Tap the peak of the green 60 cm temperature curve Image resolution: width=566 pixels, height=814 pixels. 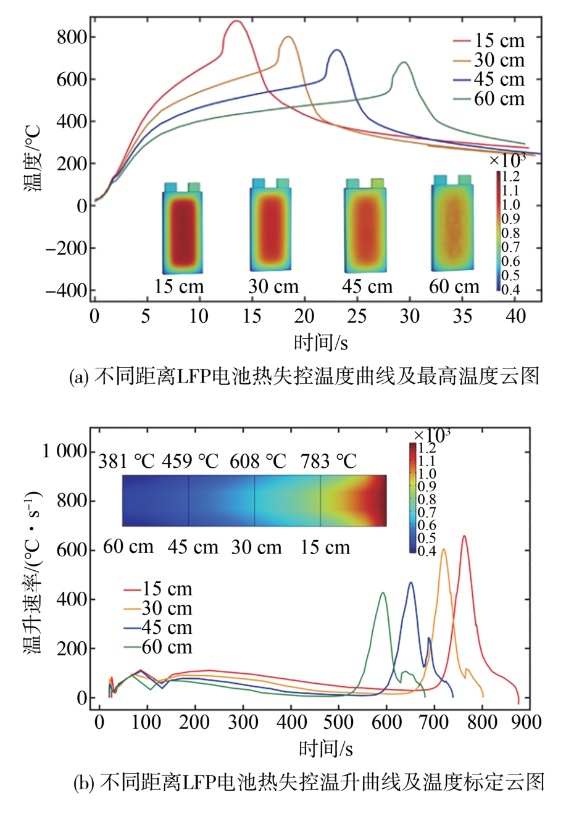point(404,62)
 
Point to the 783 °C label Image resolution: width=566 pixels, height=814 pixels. point(328,462)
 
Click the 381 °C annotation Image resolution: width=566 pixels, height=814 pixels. point(126,462)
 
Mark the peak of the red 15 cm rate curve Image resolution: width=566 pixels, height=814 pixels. point(464,536)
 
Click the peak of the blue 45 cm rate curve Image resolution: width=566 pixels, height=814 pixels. point(410,583)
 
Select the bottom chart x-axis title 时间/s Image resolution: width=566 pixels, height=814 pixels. point(326,748)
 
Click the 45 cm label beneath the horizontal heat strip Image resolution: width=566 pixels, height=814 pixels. point(193,547)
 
